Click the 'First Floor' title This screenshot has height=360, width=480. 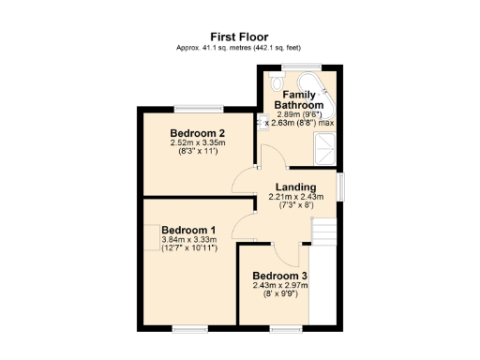pyautogui.click(x=240, y=37)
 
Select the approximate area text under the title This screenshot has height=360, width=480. pyautogui.click(x=240, y=48)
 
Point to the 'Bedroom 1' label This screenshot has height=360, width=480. pyautogui.click(x=188, y=230)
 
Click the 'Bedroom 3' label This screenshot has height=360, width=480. pyautogui.click(x=279, y=276)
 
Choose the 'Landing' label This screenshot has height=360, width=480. pyautogui.click(x=296, y=187)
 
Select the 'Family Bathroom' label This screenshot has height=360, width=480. pyautogui.click(x=297, y=100)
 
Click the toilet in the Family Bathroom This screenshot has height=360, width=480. pyautogui.click(x=275, y=82)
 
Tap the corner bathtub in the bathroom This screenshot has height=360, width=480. pyautogui.click(x=323, y=86)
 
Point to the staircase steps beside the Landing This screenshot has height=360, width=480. pyautogui.click(x=323, y=229)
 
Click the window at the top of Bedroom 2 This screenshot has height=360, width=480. pyautogui.click(x=197, y=108)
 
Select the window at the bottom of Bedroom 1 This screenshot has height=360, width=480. pyautogui.click(x=188, y=328)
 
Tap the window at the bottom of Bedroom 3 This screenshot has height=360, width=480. pyautogui.click(x=284, y=328)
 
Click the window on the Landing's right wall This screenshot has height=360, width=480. pyautogui.click(x=340, y=186)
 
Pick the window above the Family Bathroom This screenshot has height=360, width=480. pyautogui.click(x=302, y=66)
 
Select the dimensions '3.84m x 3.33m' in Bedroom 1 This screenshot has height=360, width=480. pyautogui.click(x=188, y=240)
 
